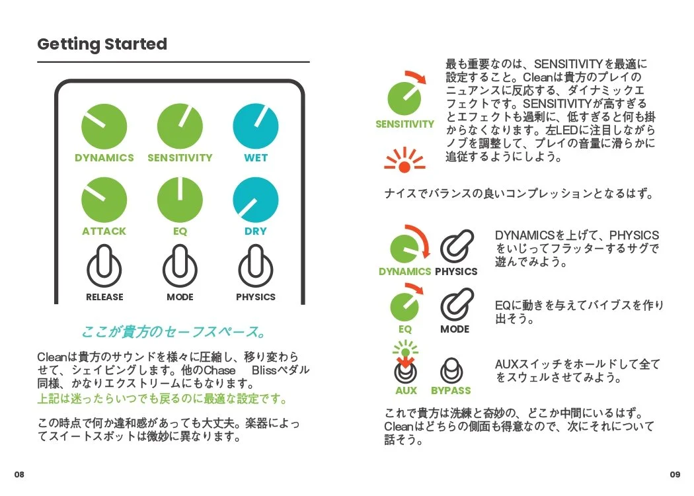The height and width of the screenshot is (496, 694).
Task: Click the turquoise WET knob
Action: [x=256, y=126]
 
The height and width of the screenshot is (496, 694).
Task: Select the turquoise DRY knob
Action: [x=256, y=200]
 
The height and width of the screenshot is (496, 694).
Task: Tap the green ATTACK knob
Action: [x=104, y=200]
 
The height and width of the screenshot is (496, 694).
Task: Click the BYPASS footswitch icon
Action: [x=451, y=370]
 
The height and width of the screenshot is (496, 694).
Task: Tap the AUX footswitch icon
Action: [x=406, y=372]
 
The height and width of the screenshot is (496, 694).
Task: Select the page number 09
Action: [x=675, y=475]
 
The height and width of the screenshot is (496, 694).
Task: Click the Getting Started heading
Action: [x=102, y=44]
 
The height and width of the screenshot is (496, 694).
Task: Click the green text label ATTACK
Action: [x=104, y=231]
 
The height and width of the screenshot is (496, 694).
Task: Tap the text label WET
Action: [x=256, y=158]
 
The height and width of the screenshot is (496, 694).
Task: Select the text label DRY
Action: [x=256, y=231]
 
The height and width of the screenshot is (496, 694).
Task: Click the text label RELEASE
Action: [x=104, y=297]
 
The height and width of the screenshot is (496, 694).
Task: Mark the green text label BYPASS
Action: [x=451, y=391]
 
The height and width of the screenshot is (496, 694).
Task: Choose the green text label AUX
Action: [x=406, y=391]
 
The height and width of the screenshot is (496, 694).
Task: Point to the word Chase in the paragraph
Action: [x=219, y=370]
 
